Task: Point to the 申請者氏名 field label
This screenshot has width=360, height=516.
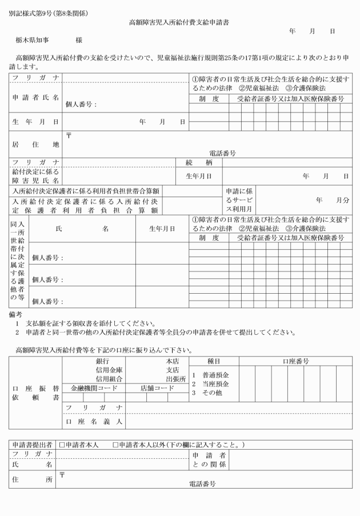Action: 35,97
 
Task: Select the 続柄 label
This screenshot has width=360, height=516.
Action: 203,163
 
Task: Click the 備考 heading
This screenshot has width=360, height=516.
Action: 15,314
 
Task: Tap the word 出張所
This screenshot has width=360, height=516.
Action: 176,378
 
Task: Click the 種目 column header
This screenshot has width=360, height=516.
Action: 214,362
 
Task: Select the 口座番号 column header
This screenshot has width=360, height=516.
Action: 296,362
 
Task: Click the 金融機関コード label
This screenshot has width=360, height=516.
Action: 94,388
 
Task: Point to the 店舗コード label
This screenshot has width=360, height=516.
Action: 157,388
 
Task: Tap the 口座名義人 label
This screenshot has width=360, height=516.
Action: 94,422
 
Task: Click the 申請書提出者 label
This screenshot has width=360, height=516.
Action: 33,445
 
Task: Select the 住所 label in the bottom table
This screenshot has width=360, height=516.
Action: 33,480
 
